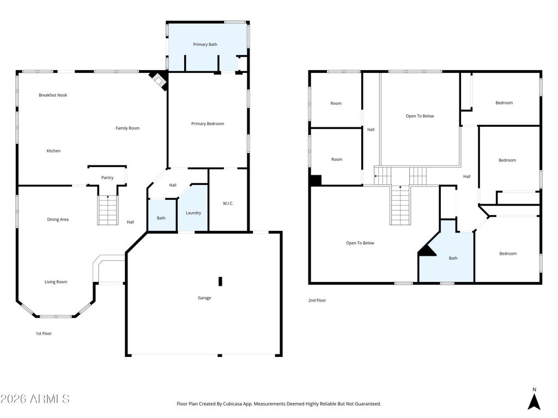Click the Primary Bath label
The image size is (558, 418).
tap(205, 45)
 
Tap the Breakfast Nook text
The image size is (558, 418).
tap(53, 95)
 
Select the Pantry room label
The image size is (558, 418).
tap(107, 177)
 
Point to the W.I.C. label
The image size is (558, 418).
tap(228, 204)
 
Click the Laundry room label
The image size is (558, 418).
tap(193, 213)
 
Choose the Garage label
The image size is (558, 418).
tap(204, 298)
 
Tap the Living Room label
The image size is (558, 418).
tap(56, 282)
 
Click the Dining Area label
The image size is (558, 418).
tap(58, 219)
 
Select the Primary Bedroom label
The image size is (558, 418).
tap(208, 124)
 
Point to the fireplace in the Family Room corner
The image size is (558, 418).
tap(159, 81)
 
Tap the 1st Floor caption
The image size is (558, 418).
tap(44, 334)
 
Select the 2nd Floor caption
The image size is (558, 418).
tap(317, 300)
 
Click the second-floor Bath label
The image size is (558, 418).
tap(453, 258)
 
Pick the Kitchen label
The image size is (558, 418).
tap(53, 151)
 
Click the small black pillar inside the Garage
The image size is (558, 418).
tap(220, 281)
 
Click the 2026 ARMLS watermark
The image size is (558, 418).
tap(35, 398)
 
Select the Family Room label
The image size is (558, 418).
tap(128, 128)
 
